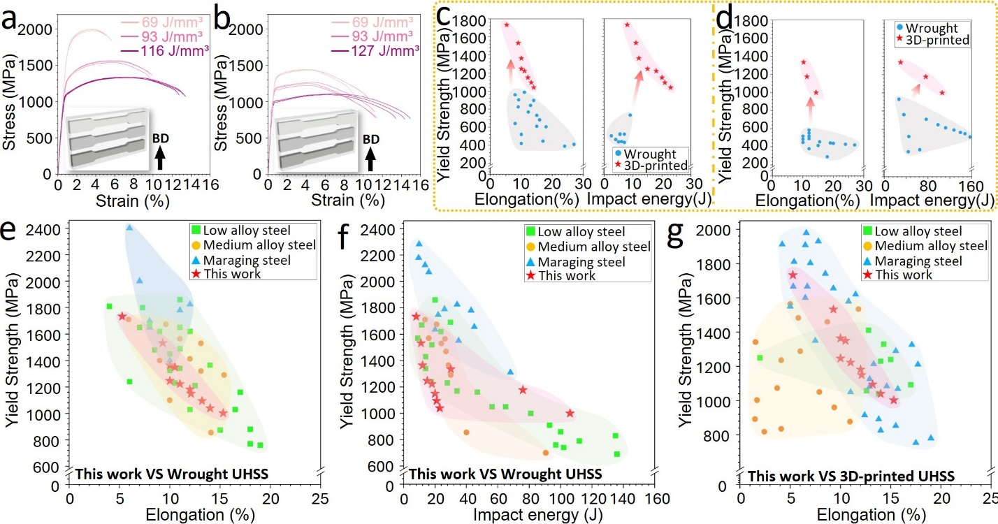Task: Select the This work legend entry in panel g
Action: [x=902, y=275]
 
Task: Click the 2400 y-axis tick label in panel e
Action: [x=45, y=228]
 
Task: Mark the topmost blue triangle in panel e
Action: [x=129, y=228]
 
